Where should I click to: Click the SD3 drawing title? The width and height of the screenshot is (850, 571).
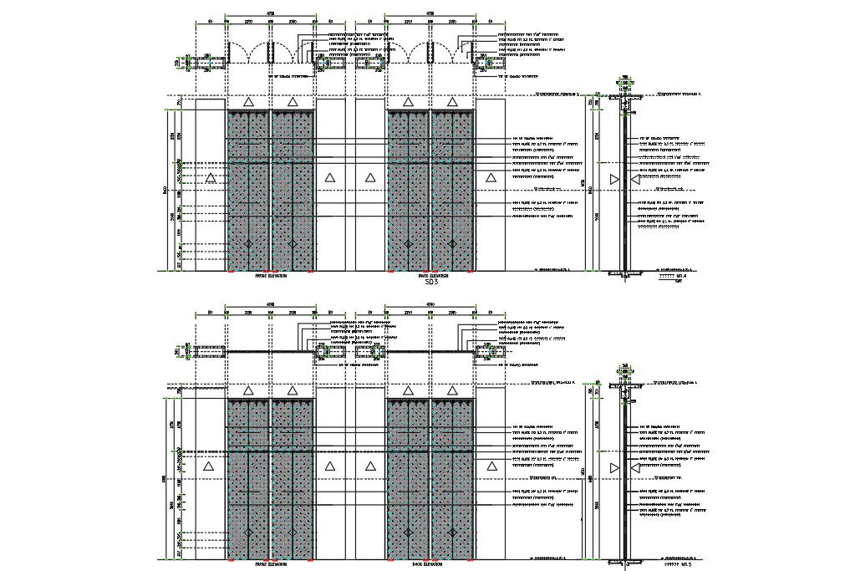432,283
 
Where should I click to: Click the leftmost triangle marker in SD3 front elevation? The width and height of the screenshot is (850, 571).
211,178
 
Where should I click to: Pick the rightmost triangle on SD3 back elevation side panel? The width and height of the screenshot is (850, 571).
490,178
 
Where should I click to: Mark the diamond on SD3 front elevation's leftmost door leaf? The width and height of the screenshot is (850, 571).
248,244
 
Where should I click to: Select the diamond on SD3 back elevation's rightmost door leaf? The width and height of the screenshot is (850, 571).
452,244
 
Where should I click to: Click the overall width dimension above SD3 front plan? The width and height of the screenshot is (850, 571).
272,13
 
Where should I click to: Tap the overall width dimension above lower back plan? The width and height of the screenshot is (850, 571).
430,303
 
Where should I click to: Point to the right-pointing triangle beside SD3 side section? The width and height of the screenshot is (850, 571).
616,179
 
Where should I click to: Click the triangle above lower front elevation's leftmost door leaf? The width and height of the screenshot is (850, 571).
248,390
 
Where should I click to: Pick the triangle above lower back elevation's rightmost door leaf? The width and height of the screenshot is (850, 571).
452,390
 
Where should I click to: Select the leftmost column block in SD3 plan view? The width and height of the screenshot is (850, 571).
211,60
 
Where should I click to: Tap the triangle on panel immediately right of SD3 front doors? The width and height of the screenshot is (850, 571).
330,178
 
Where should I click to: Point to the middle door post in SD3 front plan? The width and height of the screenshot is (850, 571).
271,52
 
